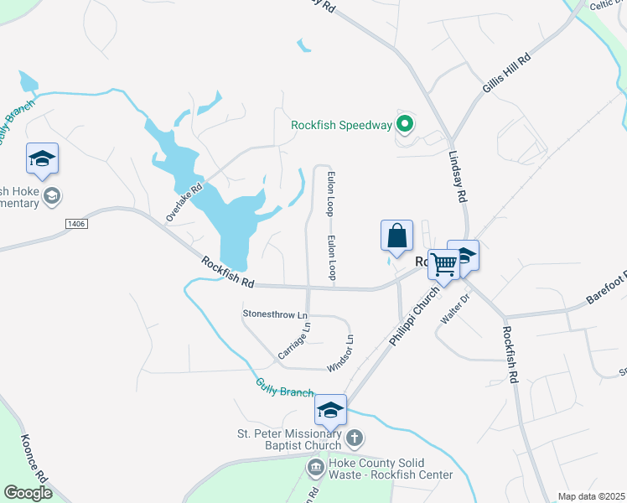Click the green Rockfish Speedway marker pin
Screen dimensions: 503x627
404,125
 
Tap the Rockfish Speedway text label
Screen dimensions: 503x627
341,125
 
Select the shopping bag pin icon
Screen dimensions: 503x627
396,236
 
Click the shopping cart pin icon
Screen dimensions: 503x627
443,265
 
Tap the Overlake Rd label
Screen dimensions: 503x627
184,202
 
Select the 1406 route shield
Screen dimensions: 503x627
76,223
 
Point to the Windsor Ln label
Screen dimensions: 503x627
340,354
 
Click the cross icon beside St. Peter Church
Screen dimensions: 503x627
355,438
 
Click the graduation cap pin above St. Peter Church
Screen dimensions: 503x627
330,410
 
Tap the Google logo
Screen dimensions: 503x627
28,493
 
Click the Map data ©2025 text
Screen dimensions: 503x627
591,496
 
